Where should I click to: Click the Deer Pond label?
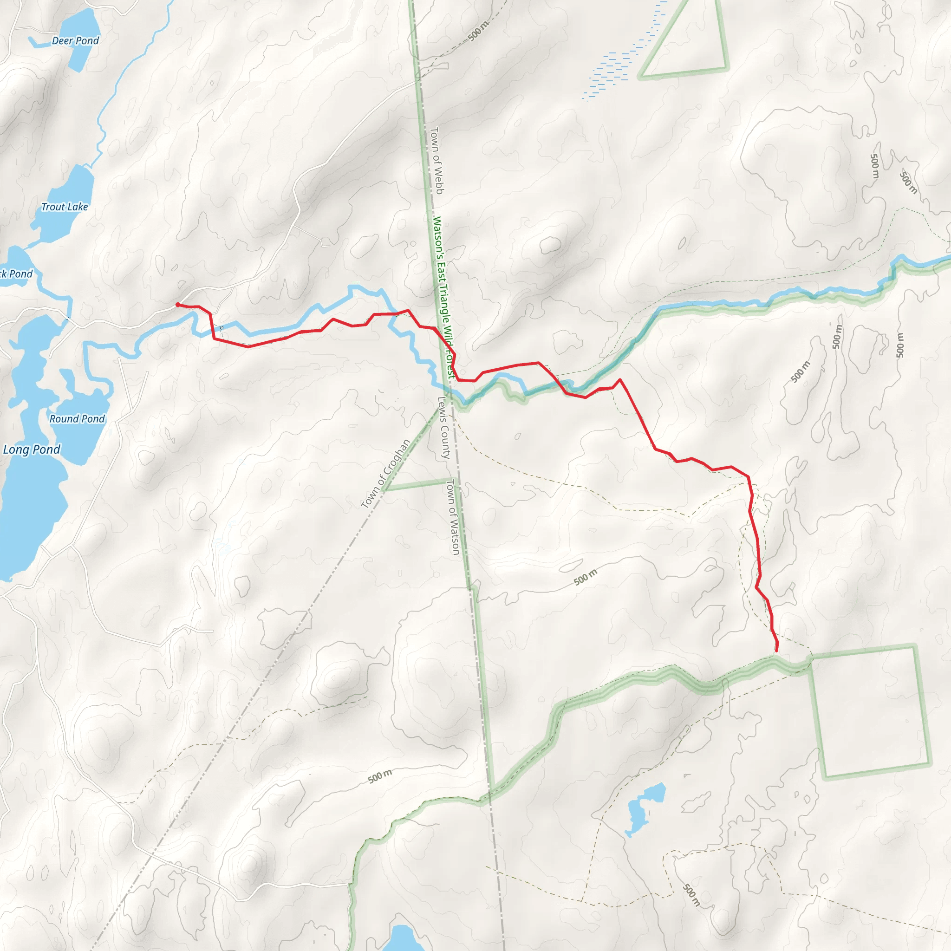click(75, 41)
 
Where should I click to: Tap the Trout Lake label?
click(65, 207)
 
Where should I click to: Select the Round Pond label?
click(77, 419)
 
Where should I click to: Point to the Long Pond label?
click(32, 449)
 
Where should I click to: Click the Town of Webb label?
click(437, 161)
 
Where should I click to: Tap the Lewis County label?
click(444, 428)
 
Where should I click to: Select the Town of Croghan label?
click(385, 474)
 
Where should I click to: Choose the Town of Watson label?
click(452, 517)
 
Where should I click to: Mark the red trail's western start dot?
click(178, 305)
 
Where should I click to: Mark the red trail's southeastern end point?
click(776, 651)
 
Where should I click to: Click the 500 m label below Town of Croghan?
click(380, 776)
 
